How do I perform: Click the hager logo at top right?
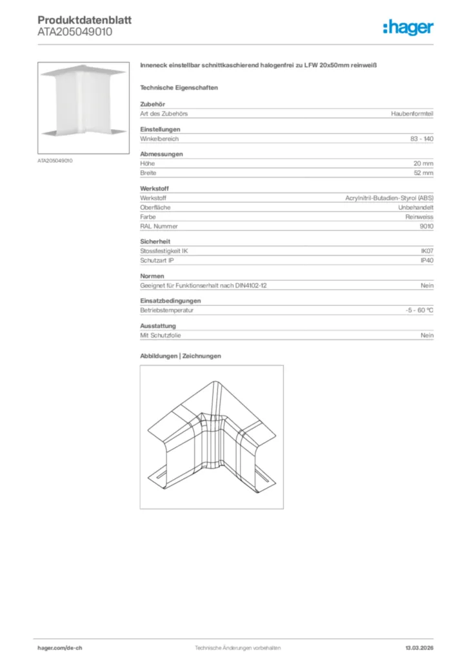(x=408, y=27)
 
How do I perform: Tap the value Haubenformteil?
(x=412, y=114)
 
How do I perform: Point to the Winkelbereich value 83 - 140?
(x=422, y=139)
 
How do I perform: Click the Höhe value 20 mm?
(x=424, y=163)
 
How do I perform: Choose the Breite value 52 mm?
(x=424, y=173)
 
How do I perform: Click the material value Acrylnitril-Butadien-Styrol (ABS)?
(x=390, y=198)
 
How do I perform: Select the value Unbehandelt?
(x=416, y=207)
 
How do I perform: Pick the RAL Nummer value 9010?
(x=426, y=227)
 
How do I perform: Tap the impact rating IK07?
(x=427, y=250)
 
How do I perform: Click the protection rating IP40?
(x=427, y=260)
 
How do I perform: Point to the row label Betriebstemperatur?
(x=167, y=310)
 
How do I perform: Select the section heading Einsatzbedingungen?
(x=170, y=301)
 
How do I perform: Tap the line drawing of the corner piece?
(x=212, y=437)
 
